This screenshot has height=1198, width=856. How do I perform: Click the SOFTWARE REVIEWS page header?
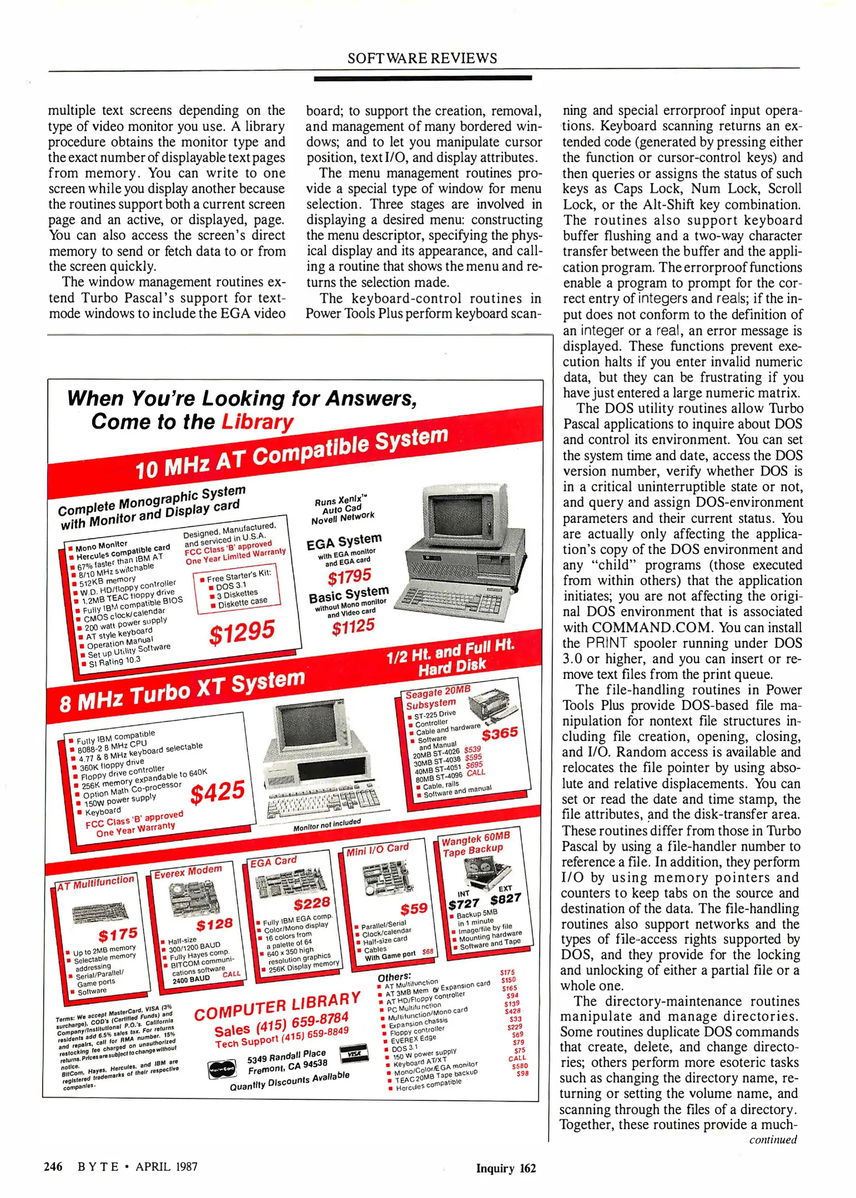point(422,58)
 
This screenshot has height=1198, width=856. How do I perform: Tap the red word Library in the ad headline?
point(257,422)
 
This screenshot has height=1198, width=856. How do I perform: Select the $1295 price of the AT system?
point(242,632)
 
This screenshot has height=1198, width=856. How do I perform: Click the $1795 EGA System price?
point(349,577)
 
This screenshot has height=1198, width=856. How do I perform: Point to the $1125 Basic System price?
point(353,627)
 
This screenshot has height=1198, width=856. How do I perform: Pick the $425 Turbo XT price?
point(217,791)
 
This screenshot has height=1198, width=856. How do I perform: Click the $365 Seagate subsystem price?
point(499,734)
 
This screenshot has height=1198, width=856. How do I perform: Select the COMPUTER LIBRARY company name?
point(277,1007)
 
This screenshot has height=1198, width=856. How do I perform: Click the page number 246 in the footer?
point(53,1166)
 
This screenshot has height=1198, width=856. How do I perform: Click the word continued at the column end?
point(773,1139)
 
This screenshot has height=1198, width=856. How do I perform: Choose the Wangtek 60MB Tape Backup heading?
point(475,844)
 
